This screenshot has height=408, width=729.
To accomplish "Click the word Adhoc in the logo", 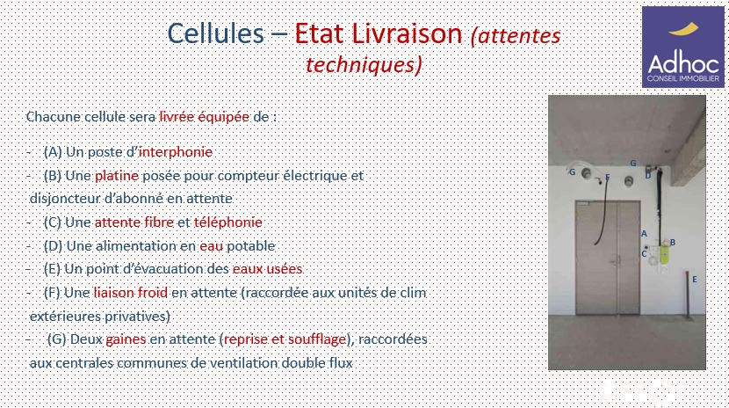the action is (683, 62).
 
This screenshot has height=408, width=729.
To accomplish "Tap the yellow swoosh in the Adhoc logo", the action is (683, 29).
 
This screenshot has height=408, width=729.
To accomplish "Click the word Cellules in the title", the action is (215, 33).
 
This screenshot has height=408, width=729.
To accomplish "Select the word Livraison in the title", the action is (407, 33).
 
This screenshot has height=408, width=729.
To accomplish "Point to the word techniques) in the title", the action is (364, 65).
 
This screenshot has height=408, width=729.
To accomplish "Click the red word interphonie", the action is (176, 152).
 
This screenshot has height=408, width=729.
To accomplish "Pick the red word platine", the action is (117, 176).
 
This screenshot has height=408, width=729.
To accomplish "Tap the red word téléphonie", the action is (227, 222).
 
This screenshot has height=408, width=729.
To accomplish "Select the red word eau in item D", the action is (211, 246).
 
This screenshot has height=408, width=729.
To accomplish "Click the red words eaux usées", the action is (267, 269).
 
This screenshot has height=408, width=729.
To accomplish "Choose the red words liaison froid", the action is (131, 293).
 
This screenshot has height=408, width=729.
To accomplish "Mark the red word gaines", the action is (126, 339).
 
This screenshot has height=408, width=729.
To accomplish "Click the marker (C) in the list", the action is (53, 222).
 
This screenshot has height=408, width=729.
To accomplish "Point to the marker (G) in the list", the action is (57, 339).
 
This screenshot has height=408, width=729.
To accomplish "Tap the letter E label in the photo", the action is (695, 280).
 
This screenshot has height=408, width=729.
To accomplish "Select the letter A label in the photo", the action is (644, 234).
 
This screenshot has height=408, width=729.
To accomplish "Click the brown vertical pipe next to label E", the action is (686, 295).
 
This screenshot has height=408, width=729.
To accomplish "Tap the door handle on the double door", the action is (616, 261).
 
